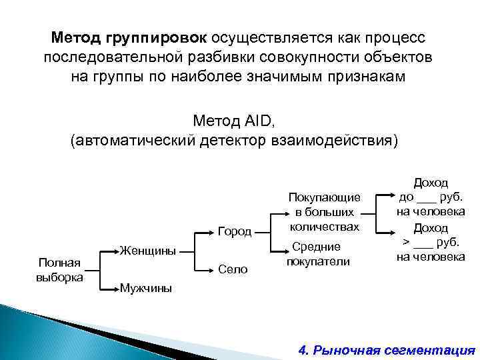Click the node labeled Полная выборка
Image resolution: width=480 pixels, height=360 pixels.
pos(59,269)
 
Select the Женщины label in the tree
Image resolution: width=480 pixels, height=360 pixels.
pos(149,251)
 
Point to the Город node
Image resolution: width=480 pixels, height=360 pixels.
pos(235,232)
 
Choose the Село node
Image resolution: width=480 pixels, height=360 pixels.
pos(233,269)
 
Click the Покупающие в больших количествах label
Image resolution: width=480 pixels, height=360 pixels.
pos(324,211)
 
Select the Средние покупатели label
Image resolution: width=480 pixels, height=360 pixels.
pos(318,253)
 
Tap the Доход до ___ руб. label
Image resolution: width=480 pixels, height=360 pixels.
pos(431,197)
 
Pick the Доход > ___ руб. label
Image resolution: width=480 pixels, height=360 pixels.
pos(431,242)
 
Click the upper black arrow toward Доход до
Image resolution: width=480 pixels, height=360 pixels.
pos(383,197)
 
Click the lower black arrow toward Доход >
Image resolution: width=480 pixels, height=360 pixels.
pos(383,233)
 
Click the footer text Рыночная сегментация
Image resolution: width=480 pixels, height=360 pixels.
pos(394,349)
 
